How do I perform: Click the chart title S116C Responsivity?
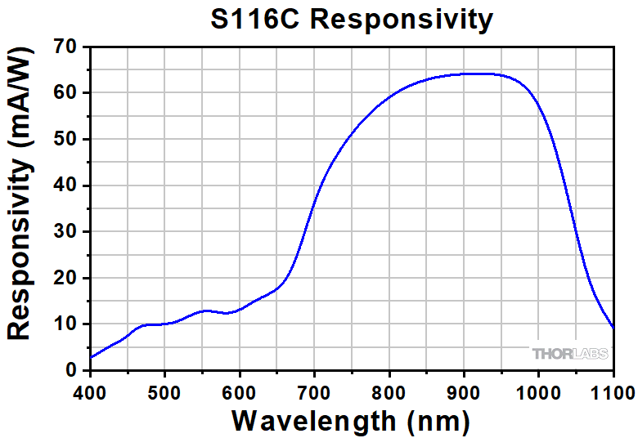coord(352,20)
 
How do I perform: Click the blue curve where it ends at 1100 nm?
coord(613,328)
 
